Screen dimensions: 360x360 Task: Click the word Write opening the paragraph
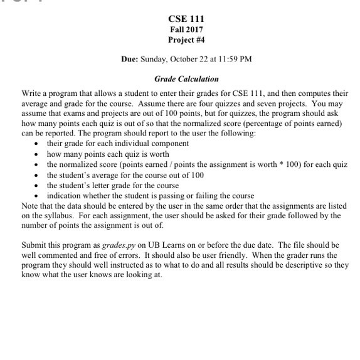click(31, 92)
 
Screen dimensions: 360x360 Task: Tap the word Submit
click(34, 245)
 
